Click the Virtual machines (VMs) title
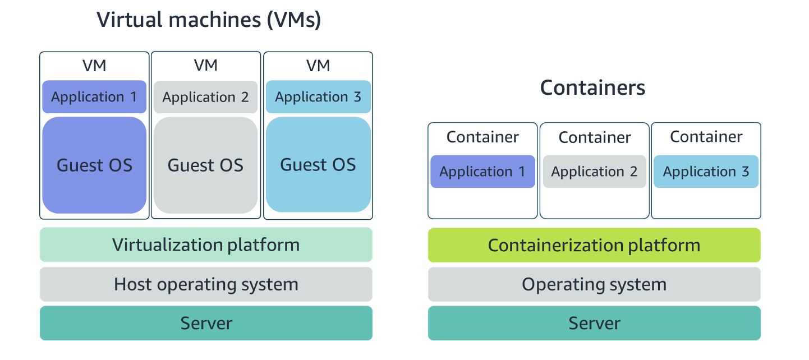click(x=209, y=20)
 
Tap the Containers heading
click(x=592, y=87)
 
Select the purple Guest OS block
click(x=94, y=165)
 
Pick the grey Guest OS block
click(x=206, y=165)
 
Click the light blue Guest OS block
click(x=318, y=164)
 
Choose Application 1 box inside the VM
click(x=94, y=97)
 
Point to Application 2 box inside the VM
click(x=206, y=97)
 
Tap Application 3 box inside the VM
click(x=318, y=97)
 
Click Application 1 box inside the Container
click(x=482, y=172)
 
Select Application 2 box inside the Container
click(x=595, y=172)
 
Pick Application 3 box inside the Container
click(x=706, y=172)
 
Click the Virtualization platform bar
click(x=206, y=244)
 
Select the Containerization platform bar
click(x=594, y=245)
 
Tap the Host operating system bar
click(x=206, y=284)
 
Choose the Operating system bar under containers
click(x=594, y=284)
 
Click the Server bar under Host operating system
click(x=206, y=323)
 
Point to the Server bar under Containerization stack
click(x=594, y=323)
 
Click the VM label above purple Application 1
click(x=94, y=66)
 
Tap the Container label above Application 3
click(x=706, y=137)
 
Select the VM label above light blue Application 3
click(x=318, y=66)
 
